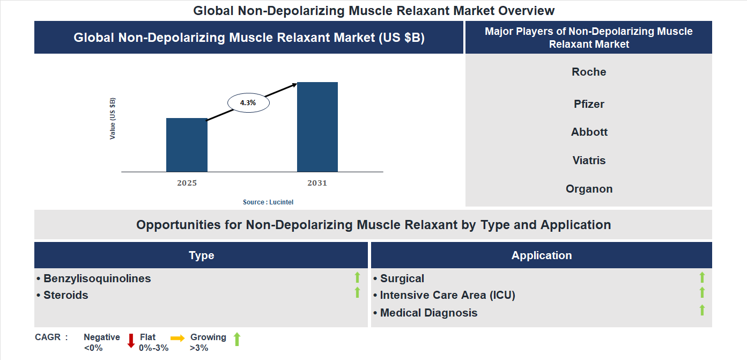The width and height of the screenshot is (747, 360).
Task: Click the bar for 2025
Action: tap(187, 145)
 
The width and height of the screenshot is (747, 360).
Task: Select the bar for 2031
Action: tap(317, 127)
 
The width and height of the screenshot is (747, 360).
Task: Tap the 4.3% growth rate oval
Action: tap(248, 102)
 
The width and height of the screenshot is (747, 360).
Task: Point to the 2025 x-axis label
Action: tap(187, 183)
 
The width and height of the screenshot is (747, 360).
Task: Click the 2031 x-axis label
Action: tap(317, 183)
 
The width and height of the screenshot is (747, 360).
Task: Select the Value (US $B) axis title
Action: tap(113, 119)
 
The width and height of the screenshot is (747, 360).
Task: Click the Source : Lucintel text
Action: tap(268, 202)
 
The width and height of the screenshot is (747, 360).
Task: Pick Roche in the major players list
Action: tap(589, 72)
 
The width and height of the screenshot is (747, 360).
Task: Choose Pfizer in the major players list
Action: tap(589, 104)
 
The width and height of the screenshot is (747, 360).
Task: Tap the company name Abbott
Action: tap(589, 132)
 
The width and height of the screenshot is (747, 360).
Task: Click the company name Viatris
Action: tap(589, 160)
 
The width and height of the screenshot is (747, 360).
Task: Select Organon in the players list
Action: tap(589, 189)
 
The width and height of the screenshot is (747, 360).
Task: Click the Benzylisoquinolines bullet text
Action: tap(97, 278)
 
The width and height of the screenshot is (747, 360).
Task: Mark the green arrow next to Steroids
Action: tap(357, 293)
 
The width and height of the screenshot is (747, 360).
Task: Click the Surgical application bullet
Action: tap(402, 278)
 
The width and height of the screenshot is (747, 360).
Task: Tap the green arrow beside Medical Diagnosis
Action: tap(702, 310)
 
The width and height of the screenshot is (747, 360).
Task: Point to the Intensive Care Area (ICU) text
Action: tap(447, 295)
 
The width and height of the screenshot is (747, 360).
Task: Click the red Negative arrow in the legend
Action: tap(131, 341)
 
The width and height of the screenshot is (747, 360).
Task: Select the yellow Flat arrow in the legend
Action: tap(177, 338)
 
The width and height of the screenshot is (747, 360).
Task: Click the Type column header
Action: tap(201, 255)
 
